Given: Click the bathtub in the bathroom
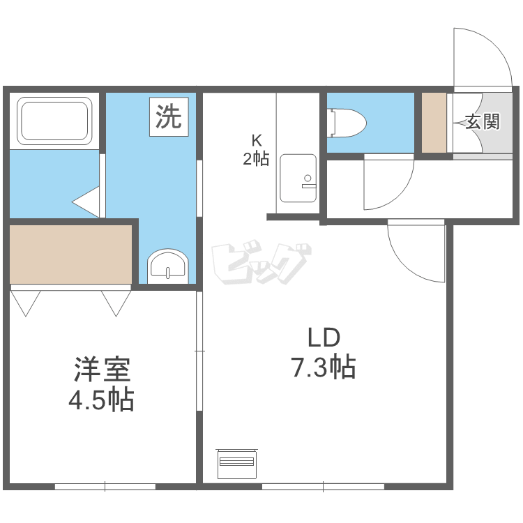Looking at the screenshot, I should pos(55,121).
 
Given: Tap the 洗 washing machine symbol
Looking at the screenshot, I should pos(167,116).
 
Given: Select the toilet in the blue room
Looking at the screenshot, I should pos(348,122).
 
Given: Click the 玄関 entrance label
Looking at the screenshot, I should pos(483,122).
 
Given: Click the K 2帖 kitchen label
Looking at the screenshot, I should pos(255,149).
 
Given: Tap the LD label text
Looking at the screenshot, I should pos(324,338).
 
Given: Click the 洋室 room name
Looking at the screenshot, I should pos(102,370).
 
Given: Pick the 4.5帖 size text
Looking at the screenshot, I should pos(101,400).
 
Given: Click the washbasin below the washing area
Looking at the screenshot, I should pos(167,266).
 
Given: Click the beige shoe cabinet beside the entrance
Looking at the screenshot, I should pos(434,122).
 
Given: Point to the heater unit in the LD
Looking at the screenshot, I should pos(236,463).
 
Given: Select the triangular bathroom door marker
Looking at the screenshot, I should pos(87,202).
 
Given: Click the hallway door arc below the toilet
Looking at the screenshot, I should pos(388,183).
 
